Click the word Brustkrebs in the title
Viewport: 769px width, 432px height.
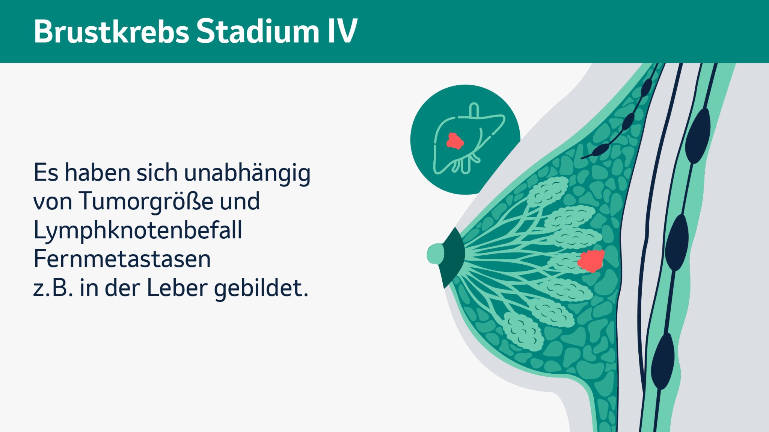(112, 31)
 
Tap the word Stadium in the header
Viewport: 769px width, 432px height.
(258, 31)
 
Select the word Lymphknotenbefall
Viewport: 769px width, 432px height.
(138, 230)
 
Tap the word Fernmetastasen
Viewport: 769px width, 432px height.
(122, 259)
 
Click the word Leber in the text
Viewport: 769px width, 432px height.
(177, 288)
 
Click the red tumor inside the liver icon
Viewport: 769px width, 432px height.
(455, 141)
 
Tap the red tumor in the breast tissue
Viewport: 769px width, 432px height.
(591, 261)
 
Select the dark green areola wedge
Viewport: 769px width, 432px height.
(453, 258)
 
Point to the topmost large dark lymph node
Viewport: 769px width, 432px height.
(698, 136)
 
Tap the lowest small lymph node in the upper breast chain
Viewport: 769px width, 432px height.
(600, 150)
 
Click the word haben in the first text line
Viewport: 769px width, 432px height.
(99, 173)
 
